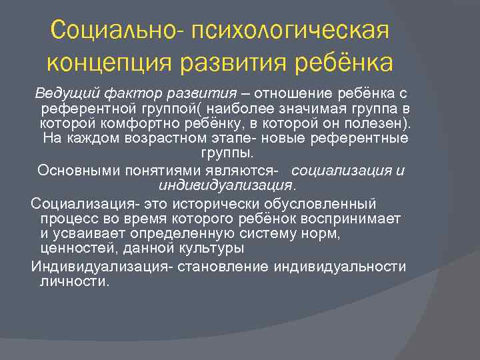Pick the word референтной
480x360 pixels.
click(81, 108)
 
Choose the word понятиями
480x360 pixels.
click(155, 169)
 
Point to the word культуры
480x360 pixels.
click(214, 249)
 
